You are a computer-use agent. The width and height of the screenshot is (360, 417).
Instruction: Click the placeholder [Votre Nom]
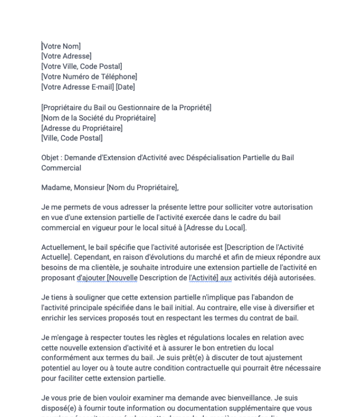tap(61, 46)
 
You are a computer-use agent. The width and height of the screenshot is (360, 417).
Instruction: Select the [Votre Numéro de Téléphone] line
tap(88, 76)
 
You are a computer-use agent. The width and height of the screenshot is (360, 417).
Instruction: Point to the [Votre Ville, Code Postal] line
tap(81, 67)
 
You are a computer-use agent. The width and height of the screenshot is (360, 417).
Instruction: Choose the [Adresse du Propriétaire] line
tap(81, 128)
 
